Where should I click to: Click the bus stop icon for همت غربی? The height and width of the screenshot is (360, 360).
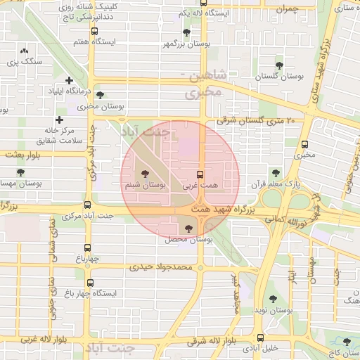pyautogui.click(x=200, y=174)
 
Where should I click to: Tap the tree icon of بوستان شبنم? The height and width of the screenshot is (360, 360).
pyautogui.click(x=146, y=173)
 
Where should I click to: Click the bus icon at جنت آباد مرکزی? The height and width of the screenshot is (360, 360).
pyautogui.click(x=87, y=205)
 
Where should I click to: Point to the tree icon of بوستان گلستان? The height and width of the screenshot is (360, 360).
pyautogui.click(x=279, y=65)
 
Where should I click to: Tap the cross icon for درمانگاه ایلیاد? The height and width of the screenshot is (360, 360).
pyautogui.click(x=69, y=80)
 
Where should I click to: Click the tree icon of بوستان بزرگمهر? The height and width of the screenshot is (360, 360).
pyautogui.click(x=186, y=32)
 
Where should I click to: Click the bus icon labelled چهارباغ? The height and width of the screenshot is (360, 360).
pyautogui.click(x=88, y=247)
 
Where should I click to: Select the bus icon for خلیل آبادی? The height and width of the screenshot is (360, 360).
pyautogui.click(x=261, y=337)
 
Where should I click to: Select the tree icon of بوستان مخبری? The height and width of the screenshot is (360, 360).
pyautogui.click(x=99, y=95)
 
